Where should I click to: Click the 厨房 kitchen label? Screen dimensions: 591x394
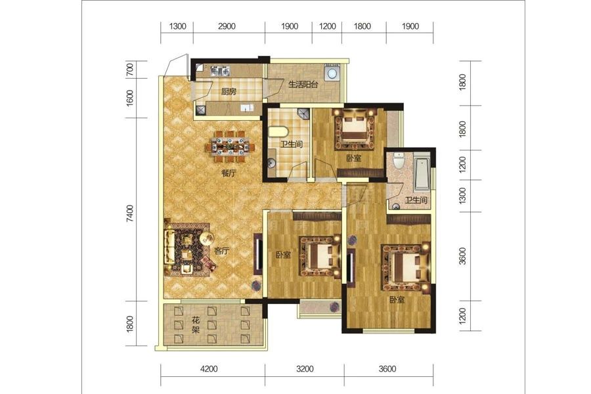tap(229, 92)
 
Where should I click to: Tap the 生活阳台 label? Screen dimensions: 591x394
tap(303, 84)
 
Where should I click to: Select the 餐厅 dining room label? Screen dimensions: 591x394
tap(229, 174)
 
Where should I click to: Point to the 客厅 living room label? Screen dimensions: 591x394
tap(222, 251)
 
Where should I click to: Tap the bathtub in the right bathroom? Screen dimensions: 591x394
tap(422, 173)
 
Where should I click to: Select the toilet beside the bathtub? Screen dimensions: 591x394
tap(398, 161)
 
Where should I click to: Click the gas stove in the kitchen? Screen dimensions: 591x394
tap(220, 70)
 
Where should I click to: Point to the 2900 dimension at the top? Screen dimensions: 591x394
tap(227, 26)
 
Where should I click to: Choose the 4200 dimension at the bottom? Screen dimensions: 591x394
tap(209, 368)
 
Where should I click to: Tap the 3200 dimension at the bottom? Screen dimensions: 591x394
tap(305, 368)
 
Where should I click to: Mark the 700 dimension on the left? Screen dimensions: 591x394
tap(129, 70)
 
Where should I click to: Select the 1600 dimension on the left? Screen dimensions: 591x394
tap(129, 98)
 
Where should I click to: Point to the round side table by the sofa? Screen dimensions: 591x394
tap(207, 238)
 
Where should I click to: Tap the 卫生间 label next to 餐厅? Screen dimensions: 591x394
tap(292, 144)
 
